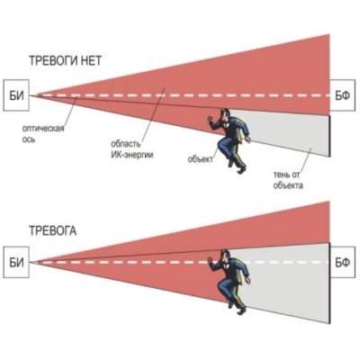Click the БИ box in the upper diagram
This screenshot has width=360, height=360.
(x=16, y=95)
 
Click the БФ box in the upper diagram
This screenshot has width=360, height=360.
(x=344, y=96)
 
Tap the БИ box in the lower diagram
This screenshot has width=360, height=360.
(x=16, y=263)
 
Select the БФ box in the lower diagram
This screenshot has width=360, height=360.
(x=344, y=263)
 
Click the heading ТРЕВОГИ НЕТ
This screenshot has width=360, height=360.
(x=66, y=61)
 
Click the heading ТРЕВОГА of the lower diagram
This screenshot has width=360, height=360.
(x=53, y=231)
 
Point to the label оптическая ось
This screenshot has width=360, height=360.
(x=43, y=134)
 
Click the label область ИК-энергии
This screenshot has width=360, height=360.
(x=131, y=149)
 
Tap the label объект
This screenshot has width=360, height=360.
(x=200, y=158)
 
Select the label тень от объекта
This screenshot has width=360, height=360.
(x=288, y=180)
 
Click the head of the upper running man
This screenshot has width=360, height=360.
(x=225, y=114)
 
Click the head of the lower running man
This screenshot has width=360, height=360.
(x=225, y=256)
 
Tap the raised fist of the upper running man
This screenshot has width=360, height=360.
(x=211, y=119)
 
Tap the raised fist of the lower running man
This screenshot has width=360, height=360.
(x=211, y=260)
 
